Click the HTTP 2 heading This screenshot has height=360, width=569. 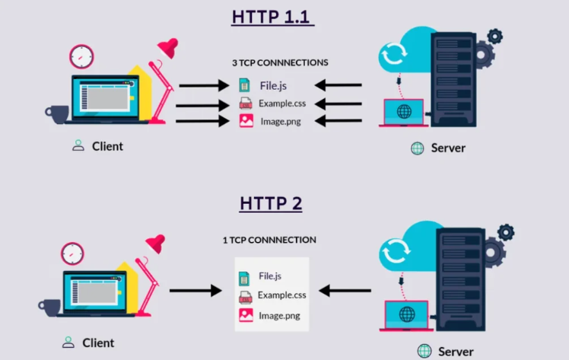(271, 203)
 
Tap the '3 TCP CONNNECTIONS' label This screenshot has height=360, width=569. (280, 62)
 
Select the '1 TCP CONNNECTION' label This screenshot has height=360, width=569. (269, 240)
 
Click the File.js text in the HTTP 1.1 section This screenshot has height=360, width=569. (273, 86)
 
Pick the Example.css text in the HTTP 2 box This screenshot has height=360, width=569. (282, 295)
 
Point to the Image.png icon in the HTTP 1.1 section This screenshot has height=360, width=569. (246, 121)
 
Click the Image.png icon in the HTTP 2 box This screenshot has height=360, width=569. (246, 315)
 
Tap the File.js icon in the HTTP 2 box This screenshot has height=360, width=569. (244, 279)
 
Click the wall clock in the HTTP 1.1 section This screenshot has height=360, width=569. (81, 56)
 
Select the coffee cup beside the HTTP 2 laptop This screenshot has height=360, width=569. (49, 307)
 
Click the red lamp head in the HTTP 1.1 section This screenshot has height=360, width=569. (168, 47)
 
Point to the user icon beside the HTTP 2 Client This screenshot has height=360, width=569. (68, 342)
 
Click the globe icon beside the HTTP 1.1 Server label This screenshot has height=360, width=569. (418, 148)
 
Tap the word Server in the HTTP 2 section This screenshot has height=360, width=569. (456, 352)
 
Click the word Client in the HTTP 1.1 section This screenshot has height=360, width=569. (107, 146)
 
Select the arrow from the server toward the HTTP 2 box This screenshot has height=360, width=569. (345, 290)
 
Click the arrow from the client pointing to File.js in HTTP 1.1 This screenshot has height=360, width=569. (204, 86)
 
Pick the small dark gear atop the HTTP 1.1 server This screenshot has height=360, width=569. (495, 37)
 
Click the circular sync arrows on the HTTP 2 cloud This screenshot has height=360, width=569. (396, 250)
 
